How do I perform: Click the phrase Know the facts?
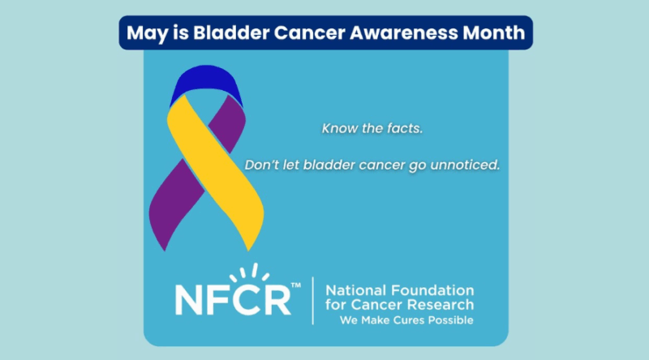coord(361,128)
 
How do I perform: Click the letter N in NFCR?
coord(189,299)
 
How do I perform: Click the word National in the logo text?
coord(353,290)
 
